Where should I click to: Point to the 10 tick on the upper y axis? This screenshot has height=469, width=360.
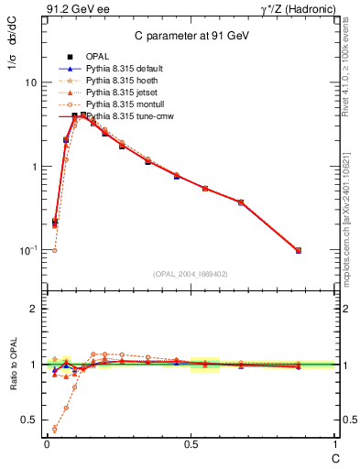[30, 82]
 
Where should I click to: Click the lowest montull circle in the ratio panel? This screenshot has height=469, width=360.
[55, 429]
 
